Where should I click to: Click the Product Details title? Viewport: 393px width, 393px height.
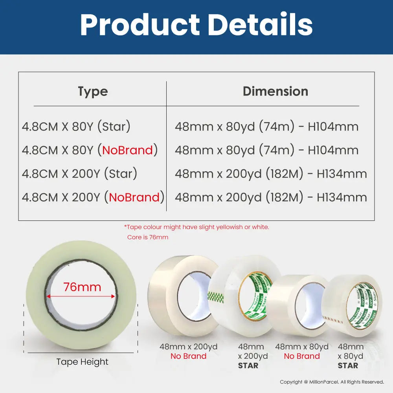point(196,24)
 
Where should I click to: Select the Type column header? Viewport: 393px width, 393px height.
point(93,92)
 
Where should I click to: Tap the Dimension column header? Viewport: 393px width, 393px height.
point(275,91)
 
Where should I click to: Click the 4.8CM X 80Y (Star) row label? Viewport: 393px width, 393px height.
point(76,126)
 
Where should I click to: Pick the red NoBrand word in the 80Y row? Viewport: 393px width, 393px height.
point(128,150)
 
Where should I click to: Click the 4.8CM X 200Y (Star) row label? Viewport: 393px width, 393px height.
point(79,173)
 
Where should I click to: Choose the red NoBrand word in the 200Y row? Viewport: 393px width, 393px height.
point(134,197)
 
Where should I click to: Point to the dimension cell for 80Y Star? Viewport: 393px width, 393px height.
point(267,126)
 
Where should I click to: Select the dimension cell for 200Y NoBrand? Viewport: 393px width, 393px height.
point(271,197)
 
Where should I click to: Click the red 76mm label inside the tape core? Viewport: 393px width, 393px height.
point(82,287)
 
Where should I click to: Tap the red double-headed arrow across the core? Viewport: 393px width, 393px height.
point(81,296)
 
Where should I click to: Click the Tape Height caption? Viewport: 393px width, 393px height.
point(82,362)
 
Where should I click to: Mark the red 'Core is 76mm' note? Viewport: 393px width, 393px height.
point(148,237)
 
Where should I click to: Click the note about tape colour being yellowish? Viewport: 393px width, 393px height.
point(196,227)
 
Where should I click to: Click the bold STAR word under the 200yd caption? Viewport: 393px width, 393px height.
point(248,365)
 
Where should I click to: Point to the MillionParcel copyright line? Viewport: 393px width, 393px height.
point(332,382)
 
